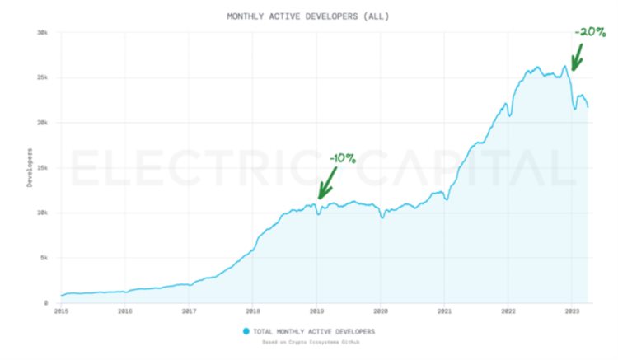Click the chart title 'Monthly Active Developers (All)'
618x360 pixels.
pyautogui.click(x=308, y=16)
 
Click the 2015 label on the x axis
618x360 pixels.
pyautogui.click(x=61, y=312)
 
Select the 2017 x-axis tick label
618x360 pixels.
pyautogui.click(x=189, y=312)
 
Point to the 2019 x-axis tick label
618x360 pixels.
pyautogui.click(x=316, y=312)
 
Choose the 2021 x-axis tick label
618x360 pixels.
pyautogui.click(x=444, y=312)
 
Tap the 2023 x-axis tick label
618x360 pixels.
pyautogui.click(x=571, y=312)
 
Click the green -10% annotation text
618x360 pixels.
pyautogui.click(x=342, y=158)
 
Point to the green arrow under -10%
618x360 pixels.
pyautogui.click(x=327, y=183)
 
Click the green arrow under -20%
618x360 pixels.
pyautogui.click(x=577, y=58)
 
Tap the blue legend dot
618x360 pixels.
pyautogui.click(x=246, y=331)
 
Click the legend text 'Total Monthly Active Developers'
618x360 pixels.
pyautogui.click(x=314, y=331)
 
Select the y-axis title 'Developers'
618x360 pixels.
pyautogui.click(x=30, y=167)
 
